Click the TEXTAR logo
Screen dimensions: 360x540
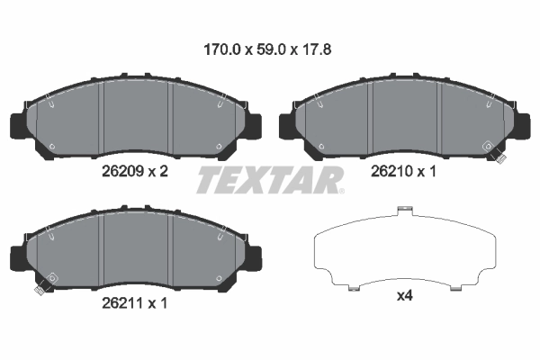[x=270, y=179]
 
